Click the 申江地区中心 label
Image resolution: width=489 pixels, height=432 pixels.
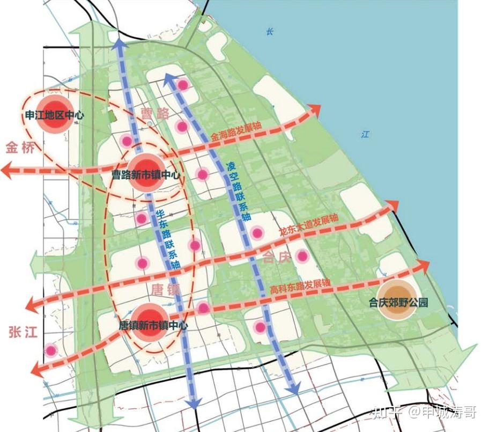tap(55, 115)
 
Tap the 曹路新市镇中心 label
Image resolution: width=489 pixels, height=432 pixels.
tap(145, 174)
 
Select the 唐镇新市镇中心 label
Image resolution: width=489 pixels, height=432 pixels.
tap(153, 325)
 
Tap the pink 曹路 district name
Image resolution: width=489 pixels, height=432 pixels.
tap(155, 113)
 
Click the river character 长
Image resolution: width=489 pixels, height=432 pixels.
tap(270, 32)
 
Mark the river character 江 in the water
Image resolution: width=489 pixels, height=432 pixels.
tap(365, 134)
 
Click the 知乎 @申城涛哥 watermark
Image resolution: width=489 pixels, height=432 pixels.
tap(424, 412)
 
